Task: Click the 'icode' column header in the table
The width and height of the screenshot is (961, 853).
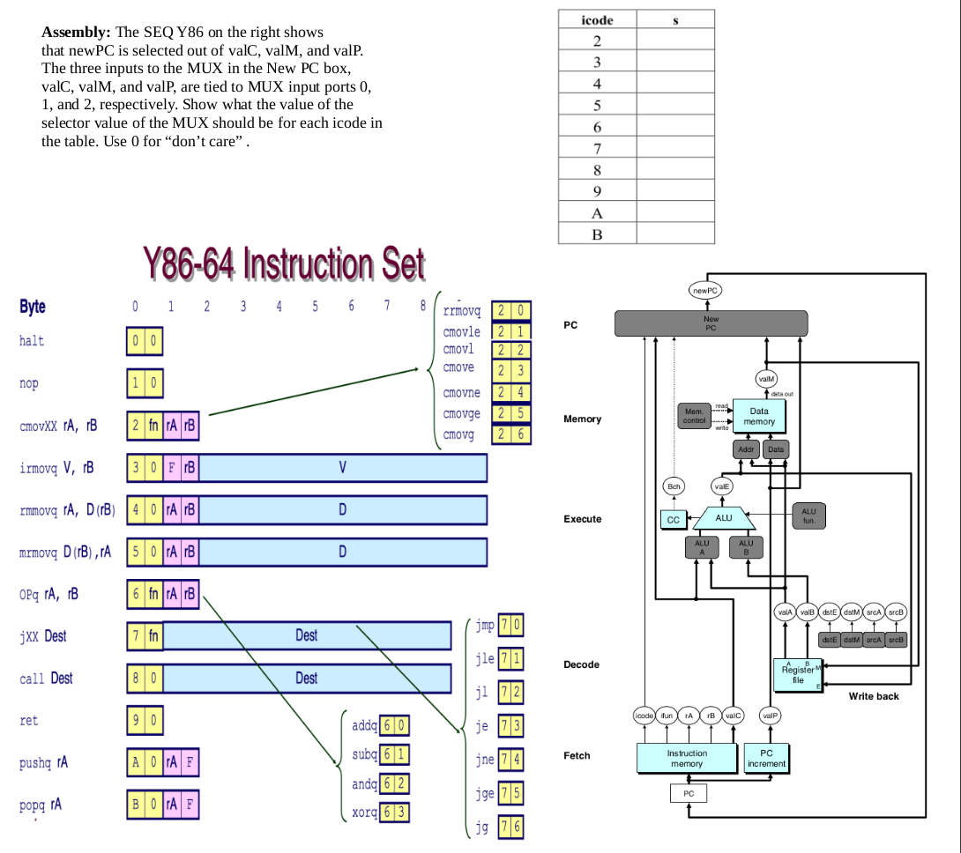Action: tap(597, 19)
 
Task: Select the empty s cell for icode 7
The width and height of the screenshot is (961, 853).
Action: tap(675, 149)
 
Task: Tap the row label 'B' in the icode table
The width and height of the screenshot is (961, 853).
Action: tap(597, 234)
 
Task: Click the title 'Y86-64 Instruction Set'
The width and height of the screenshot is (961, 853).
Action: tap(284, 263)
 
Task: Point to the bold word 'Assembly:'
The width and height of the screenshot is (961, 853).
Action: tap(75, 32)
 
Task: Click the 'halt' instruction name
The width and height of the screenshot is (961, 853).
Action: tap(31, 341)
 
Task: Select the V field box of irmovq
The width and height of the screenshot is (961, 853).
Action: tap(343, 468)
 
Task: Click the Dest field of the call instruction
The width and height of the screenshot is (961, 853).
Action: tap(307, 678)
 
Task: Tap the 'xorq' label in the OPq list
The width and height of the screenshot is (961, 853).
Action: tap(365, 812)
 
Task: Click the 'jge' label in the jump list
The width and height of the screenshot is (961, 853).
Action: tap(484, 793)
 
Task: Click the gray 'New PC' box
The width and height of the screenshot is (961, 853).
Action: tap(711, 323)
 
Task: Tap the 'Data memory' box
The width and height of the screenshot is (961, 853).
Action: tap(758, 416)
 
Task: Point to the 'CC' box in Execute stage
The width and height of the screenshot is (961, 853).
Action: tap(674, 520)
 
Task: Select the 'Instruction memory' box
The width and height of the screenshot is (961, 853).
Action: tap(686, 758)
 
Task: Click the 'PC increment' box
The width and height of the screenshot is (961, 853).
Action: tap(766, 758)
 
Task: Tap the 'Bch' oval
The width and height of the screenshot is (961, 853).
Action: tap(674, 486)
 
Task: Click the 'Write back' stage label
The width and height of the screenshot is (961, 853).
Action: tap(874, 696)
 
